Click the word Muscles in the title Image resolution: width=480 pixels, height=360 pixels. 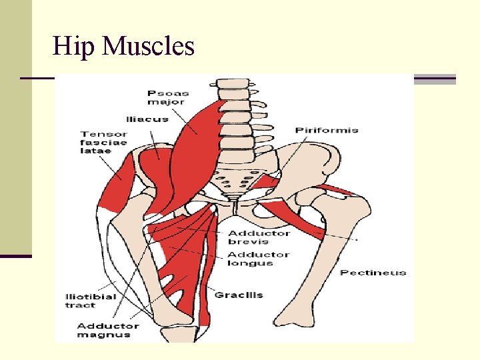point(149,47)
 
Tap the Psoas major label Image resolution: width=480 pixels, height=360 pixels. point(168,97)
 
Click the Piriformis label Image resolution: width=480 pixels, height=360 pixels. point(327,130)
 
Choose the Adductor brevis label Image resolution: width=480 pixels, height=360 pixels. point(259,237)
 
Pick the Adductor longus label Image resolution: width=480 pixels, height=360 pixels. point(259,259)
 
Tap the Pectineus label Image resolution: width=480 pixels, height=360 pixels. point(373,272)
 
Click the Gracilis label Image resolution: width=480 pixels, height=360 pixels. point(238,295)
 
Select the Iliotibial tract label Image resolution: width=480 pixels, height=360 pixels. point(90,301)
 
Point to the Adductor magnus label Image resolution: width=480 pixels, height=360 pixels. point(108,330)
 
